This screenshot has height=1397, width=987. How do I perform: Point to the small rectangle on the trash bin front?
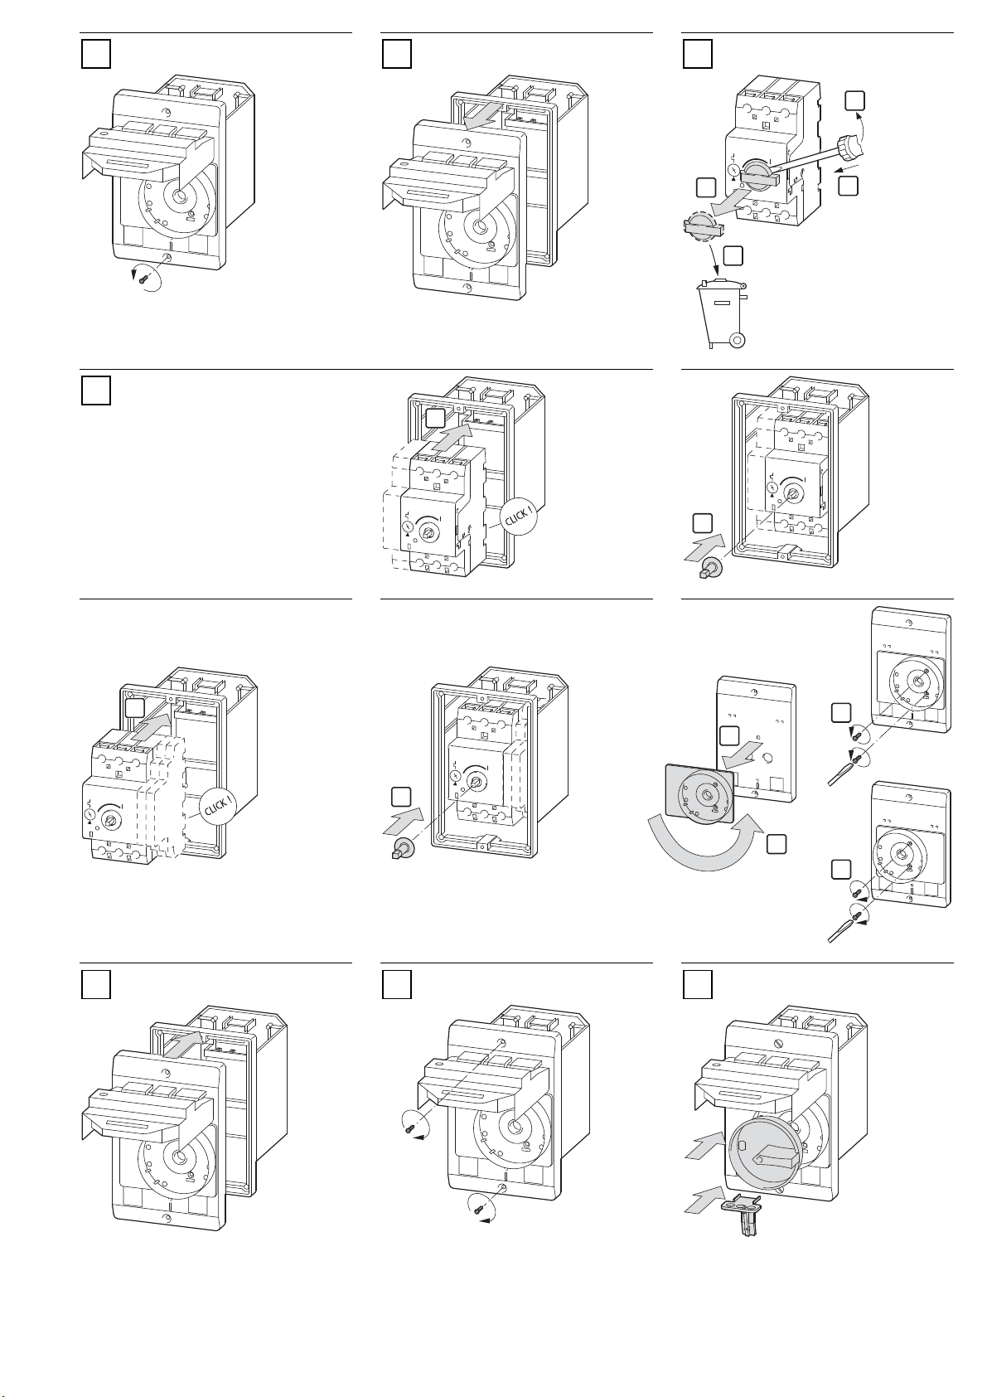coord(721,303)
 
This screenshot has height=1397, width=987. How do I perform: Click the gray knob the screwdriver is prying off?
coord(758,171)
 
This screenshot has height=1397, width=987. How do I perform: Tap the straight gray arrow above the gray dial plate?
coord(739,759)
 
